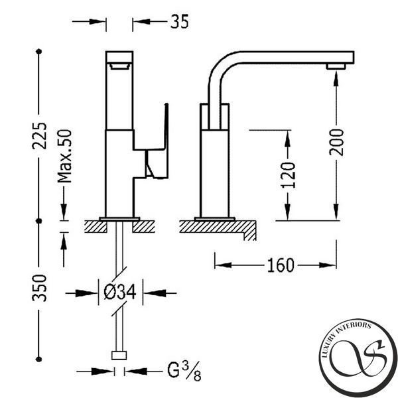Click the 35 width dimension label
[180, 21]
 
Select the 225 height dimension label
[39, 136]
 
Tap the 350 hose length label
[39, 288]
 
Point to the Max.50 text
[64, 156]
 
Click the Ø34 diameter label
[120, 292]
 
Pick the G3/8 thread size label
[184, 371]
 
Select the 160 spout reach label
[281, 265]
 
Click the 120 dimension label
[289, 175]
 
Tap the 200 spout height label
[336, 142]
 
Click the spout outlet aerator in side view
[336, 66]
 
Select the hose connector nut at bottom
[119, 356]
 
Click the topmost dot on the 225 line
[39, 52]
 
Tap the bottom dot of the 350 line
[39, 359]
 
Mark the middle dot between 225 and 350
[39, 221]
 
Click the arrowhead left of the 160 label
[223, 265]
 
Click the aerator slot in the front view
[120, 66]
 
